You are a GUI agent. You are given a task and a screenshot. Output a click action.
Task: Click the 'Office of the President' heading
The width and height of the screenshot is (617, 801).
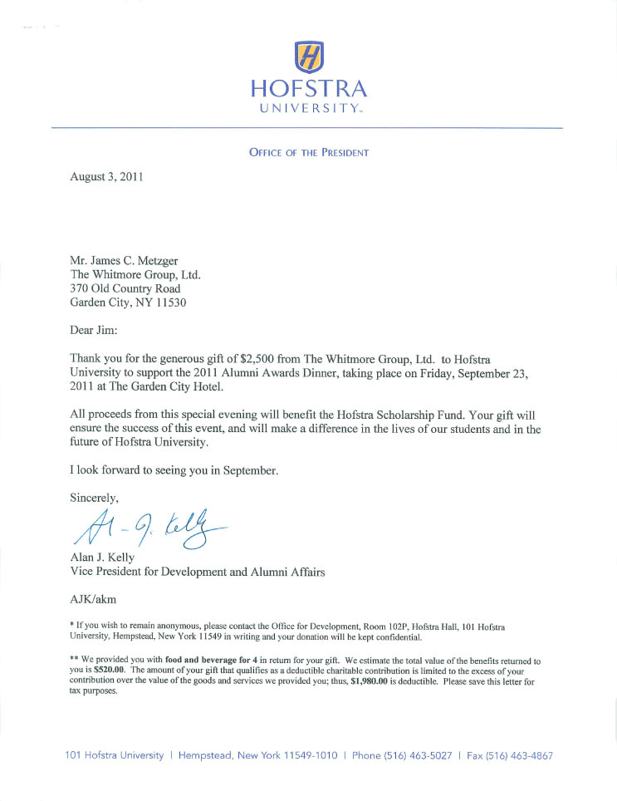coord(308,153)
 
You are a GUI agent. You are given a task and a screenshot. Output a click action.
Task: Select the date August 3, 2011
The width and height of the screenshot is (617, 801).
coord(107,178)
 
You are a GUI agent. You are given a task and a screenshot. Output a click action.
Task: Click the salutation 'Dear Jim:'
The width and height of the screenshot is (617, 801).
coord(95,330)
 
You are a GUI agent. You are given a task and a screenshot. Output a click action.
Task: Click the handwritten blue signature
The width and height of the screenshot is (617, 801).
coord(149,528)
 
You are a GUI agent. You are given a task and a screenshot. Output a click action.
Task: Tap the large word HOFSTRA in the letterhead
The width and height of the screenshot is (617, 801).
coord(308,88)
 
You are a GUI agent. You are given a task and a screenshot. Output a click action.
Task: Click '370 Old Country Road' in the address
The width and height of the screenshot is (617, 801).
coord(125,288)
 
